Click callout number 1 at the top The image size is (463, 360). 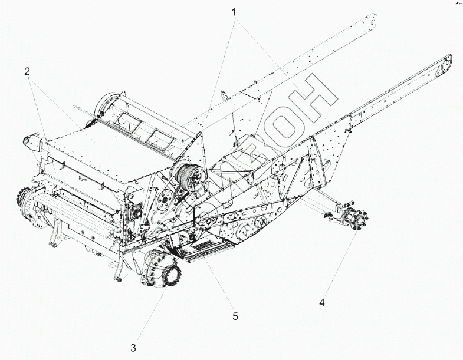[235, 11]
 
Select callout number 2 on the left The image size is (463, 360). [27, 71]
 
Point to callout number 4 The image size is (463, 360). [321, 303]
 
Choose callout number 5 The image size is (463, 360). [235, 316]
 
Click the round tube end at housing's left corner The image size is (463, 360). [28, 141]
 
